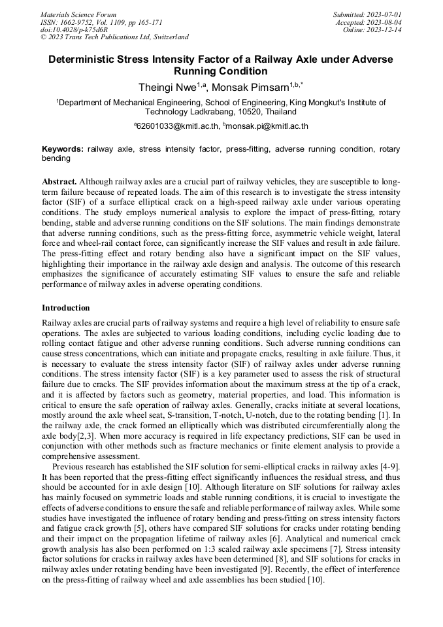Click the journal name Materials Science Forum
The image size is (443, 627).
(x=78, y=14)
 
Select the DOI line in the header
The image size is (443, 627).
(x=74, y=29)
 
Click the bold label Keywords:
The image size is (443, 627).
(x=63, y=149)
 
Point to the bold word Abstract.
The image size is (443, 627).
(x=59, y=180)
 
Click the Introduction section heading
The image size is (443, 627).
(x=66, y=307)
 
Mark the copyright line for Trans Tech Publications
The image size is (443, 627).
(x=114, y=37)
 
